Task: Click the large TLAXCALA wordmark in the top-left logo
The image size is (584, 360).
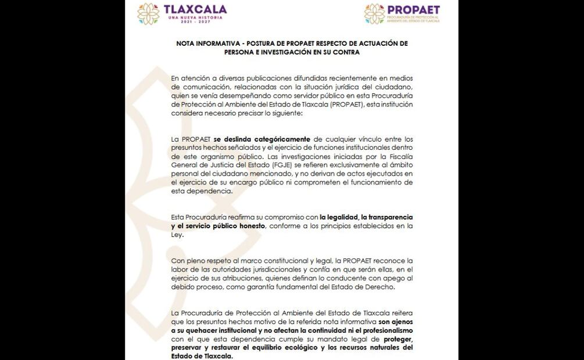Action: (x=195, y=9)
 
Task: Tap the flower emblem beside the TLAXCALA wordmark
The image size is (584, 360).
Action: (x=148, y=13)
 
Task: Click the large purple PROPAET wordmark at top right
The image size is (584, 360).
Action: (x=413, y=10)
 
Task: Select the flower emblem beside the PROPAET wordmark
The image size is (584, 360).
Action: (x=374, y=13)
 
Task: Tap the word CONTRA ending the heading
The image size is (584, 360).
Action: (x=346, y=52)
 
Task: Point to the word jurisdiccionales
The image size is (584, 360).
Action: (x=273, y=269)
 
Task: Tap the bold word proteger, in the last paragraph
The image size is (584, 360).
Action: (x=398, y=339)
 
